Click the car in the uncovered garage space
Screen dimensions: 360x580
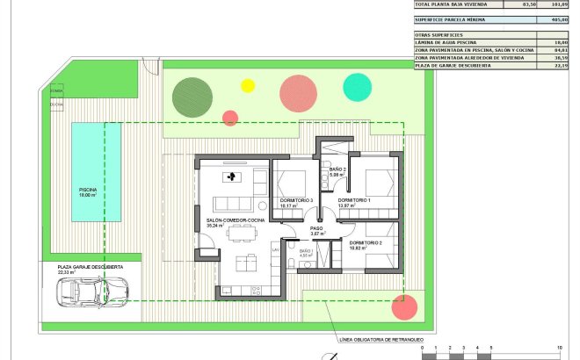tap(90, 292)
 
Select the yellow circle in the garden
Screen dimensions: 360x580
tap(248, 85)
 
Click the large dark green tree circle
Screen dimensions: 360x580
tap(191, 95)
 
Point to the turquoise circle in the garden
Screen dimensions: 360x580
tap(357, 86)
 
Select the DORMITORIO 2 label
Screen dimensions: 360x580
tap(366, 242)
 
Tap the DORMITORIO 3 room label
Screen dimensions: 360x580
tap(296, 201)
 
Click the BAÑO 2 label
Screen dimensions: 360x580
tap(337, 169)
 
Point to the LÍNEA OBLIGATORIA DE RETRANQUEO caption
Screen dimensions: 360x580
tap(381, 339)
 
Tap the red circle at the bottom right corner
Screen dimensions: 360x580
tap(403, 307)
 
